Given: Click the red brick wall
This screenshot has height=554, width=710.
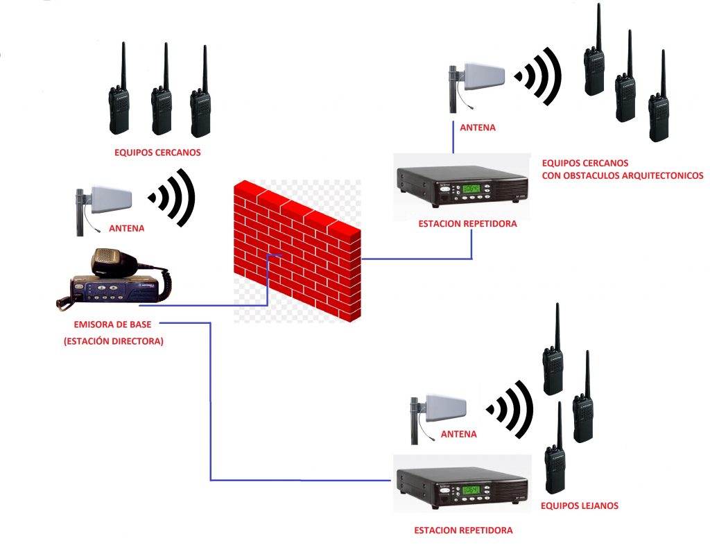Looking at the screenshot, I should (298, 250).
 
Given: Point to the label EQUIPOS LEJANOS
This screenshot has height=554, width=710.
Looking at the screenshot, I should (579, 506).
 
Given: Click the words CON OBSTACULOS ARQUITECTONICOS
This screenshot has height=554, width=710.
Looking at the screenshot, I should (623, 175).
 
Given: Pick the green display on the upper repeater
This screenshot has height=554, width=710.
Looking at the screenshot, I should (472, 188).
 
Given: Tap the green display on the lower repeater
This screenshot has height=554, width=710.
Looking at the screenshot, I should (472, 490).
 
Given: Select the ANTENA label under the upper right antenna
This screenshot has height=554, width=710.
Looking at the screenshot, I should (478, 128).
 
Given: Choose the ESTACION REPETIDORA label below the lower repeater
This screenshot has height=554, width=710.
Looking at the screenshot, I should (463, 530).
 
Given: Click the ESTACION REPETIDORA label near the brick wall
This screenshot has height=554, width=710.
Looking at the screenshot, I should (458, 223).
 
